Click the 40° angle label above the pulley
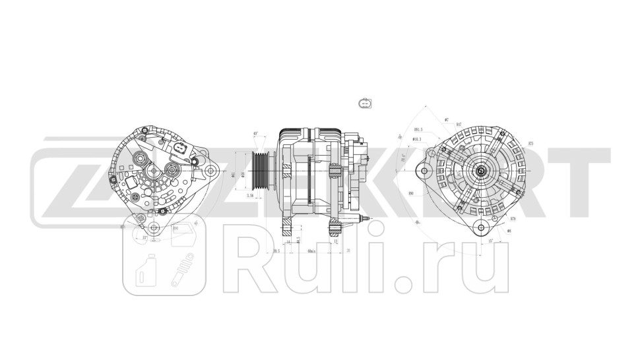(x=255, y=134)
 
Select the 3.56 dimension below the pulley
(x=250, y=195)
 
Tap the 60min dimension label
(x=311, y=251)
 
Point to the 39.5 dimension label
(x=276, y=251)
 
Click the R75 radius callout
(x=530, y=143)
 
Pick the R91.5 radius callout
(x=418, y=130)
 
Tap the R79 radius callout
(x=513, y=218)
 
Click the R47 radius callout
(x=459, y=124)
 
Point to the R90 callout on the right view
(x=411, y=193)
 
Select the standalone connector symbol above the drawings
(x=364, y=104)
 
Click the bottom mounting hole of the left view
(x=154, y=228)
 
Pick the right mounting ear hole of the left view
(x=211, y=171)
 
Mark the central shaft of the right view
(x=481, y=171)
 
